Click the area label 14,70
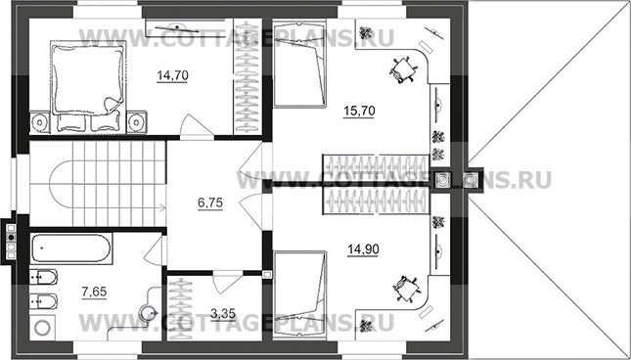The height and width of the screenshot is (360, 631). click(x=172, y=75)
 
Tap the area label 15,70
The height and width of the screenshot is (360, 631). click(x=359, y=111)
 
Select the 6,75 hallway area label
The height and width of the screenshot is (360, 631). click(x=210, y=203)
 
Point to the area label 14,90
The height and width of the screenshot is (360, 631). click(x=363, y=249)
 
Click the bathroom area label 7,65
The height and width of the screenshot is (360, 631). click(x=95, y=292)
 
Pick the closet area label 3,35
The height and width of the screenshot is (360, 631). click(x=223, y=313)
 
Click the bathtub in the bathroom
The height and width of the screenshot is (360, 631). click(x=71, y=248)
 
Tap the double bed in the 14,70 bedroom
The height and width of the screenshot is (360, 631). click(x=88, y=86)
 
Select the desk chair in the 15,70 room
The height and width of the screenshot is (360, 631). click(x=402, y=70)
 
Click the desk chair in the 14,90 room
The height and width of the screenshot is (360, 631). click(x=406, y=289)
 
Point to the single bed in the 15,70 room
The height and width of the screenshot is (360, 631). click(x=299, y=64)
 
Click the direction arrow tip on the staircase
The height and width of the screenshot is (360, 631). click(x=165, y=208)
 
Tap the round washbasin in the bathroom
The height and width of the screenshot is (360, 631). click(x=146, y=312)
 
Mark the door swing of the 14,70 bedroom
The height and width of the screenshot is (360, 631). click(x=197, y=127)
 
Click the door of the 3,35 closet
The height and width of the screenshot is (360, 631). click(x=227, y=284)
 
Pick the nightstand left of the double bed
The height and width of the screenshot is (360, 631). click(x=40, y=121)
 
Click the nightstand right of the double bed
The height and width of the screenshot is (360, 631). click(x=137, y=121)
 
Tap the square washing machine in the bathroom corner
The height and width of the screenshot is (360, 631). click(x=42, y=327)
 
